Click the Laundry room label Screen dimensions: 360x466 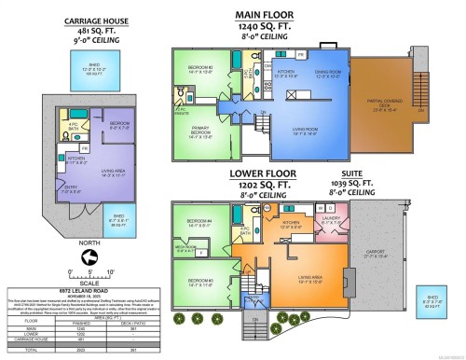[x=330, y=221]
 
